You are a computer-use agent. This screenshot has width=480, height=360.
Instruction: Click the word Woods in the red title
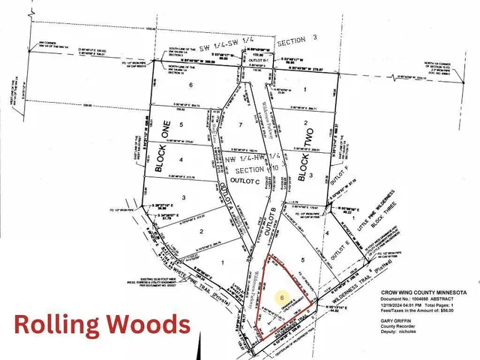click(146, 325)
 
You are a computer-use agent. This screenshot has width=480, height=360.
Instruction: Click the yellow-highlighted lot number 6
click(282, 298)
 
